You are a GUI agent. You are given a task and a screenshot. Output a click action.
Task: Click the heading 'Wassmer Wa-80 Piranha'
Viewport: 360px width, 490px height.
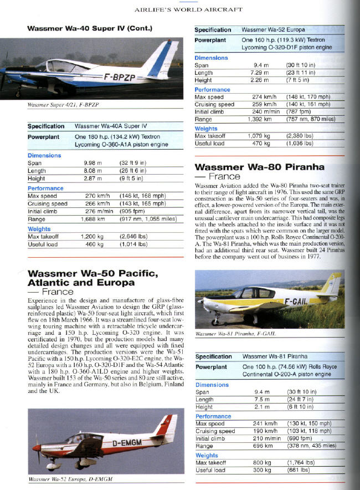260,167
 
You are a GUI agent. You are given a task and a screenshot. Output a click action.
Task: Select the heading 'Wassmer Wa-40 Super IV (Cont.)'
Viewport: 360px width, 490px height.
90,28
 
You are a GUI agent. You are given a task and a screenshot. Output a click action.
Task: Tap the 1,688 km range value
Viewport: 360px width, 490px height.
92,219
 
